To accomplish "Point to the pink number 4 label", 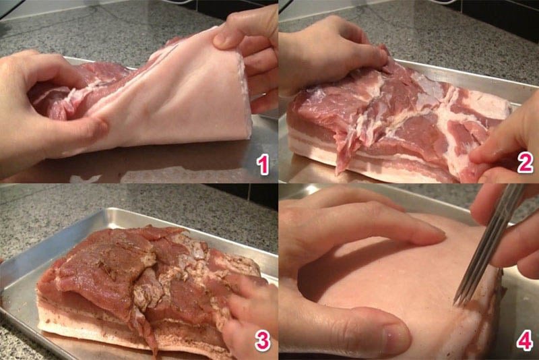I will tap(524, 342).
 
